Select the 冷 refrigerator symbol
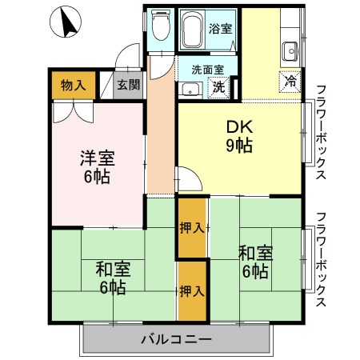(290, 81)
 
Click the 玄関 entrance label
(128, 85)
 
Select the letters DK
(238, 128)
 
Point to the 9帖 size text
(238, 146)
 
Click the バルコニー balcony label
(177, 339)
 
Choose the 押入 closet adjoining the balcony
(190, 290)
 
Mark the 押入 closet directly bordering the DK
(190, 228)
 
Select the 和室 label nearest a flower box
(254, 253)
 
